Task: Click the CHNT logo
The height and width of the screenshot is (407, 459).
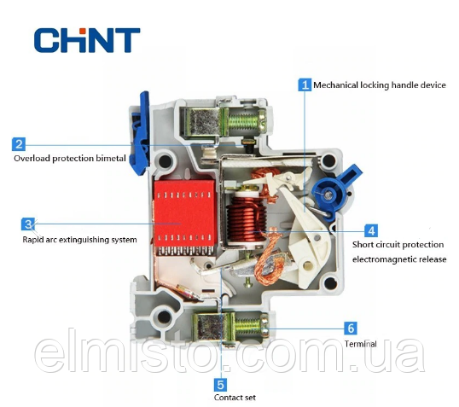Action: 87,40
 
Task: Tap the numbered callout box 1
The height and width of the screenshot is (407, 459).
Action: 305,85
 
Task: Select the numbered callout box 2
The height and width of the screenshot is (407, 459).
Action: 19,144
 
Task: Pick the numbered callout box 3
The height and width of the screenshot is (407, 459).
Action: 28,224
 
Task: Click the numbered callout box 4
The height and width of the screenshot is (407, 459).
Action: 371,230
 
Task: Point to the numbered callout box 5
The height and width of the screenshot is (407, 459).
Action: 220,385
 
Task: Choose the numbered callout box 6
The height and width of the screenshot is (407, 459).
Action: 351,329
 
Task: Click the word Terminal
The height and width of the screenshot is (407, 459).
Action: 360,344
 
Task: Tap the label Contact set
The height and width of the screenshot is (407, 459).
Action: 235,398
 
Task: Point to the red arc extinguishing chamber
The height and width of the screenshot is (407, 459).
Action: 185,214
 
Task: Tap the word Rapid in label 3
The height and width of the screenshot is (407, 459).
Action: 31,240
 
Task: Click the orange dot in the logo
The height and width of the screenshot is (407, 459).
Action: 83,30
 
